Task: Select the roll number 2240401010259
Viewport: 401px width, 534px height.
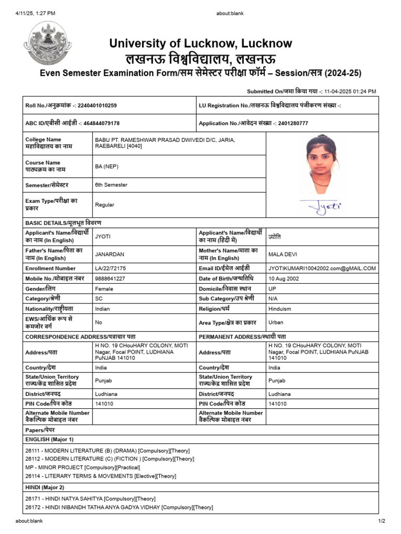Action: [97, 106]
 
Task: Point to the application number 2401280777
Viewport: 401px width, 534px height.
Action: [293, 124]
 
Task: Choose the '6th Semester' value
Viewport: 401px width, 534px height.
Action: [111, 185]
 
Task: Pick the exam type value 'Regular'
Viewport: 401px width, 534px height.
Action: [104, 205]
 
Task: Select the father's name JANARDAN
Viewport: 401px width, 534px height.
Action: [109, 254]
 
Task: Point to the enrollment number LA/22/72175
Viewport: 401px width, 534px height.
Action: [110, 268]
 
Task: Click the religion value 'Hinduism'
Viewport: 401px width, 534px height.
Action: [280, 309]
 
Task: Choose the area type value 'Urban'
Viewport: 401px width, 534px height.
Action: [276, 322]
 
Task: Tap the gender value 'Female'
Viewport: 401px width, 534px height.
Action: [104, 288]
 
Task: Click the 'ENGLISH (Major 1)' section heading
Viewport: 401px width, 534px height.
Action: [50, 440]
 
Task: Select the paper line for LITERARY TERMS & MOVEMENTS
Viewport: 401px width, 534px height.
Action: [100, 476]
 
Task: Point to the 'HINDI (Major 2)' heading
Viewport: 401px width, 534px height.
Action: [45, 487]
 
